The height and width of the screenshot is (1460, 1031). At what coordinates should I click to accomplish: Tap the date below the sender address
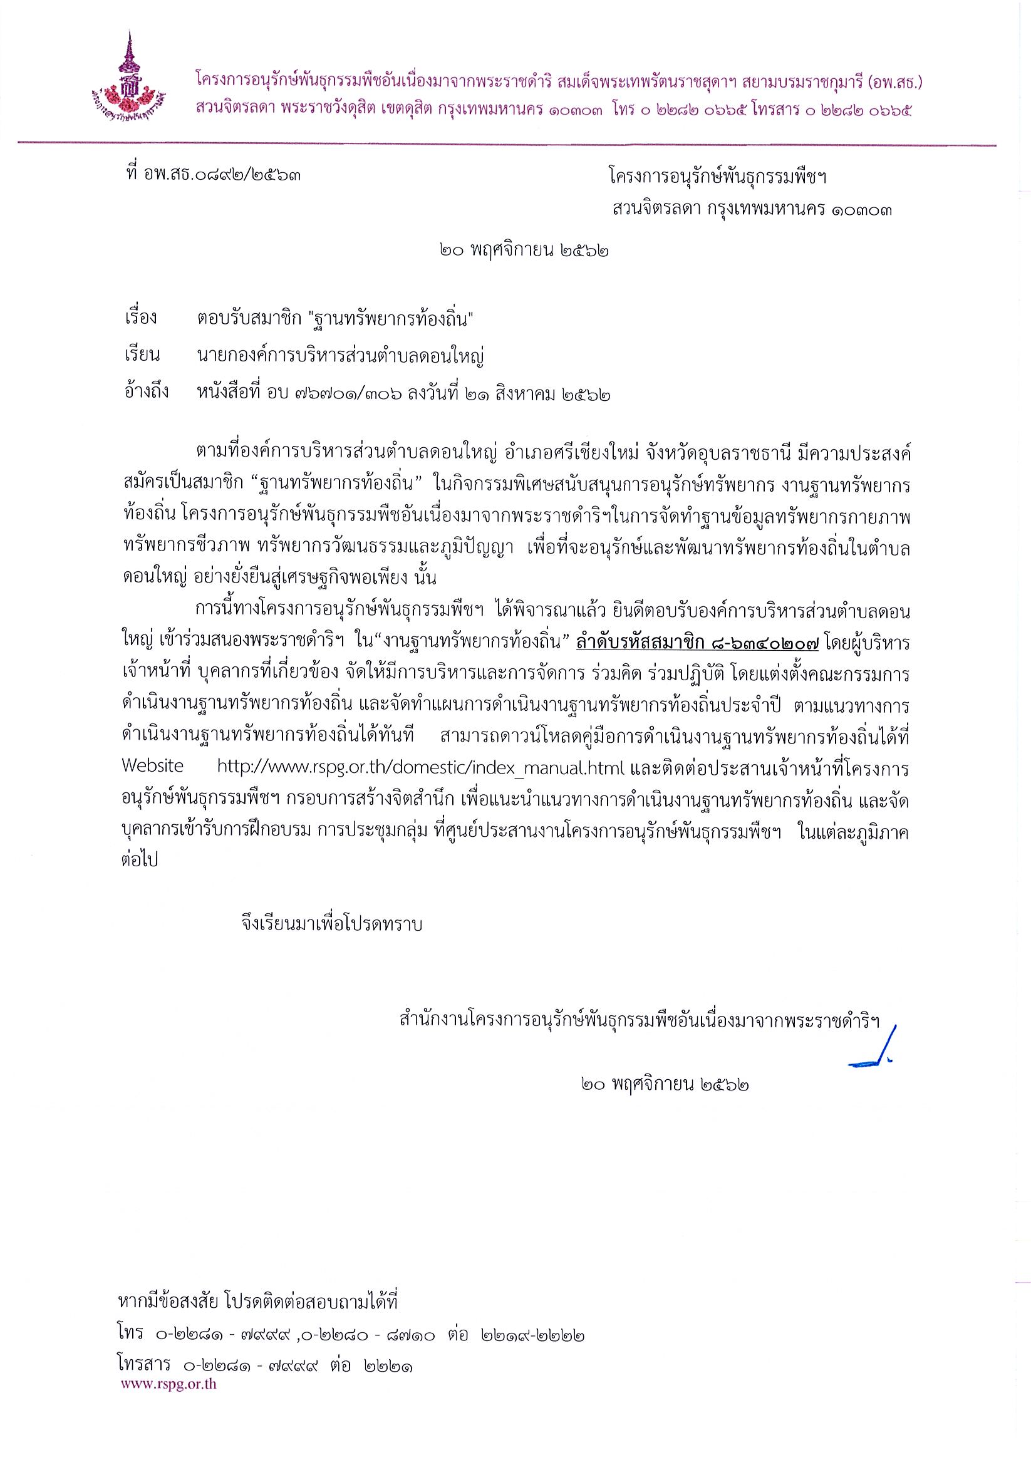pos(524,252)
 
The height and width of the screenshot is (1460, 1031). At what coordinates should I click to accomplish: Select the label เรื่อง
pos(140,318)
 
